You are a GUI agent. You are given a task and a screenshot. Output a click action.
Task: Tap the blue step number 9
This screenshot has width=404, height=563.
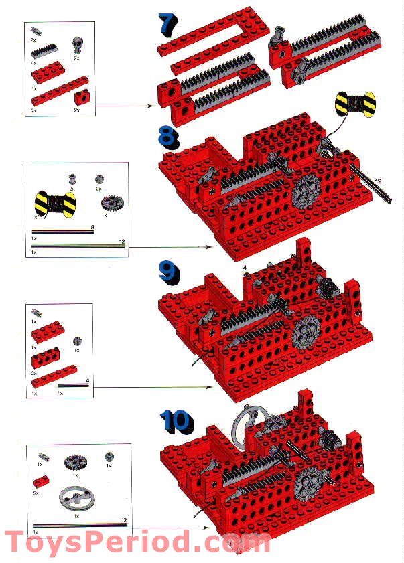click(169, 271)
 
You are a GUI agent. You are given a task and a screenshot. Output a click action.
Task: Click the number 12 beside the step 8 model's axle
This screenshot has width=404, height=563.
click(379, 181)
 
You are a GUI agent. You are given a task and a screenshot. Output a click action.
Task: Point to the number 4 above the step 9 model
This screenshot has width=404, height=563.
click(245, 268)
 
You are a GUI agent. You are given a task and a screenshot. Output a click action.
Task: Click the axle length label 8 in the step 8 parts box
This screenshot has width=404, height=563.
click(92, 228)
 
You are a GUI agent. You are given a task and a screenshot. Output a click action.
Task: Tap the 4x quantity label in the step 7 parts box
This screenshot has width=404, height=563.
click(33, 62)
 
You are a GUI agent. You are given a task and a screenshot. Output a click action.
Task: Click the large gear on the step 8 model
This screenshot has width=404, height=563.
click(306, 191)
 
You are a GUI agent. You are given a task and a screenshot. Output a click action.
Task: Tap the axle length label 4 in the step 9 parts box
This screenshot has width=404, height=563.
click(87, 382)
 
